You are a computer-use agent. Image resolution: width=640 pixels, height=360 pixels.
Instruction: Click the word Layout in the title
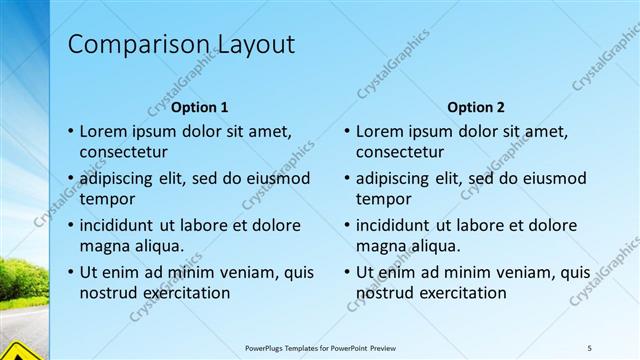[253, 45]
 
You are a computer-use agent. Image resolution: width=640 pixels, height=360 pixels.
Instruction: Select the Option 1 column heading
[200, 107]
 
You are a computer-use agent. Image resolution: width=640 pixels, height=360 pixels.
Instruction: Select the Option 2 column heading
[476, 107]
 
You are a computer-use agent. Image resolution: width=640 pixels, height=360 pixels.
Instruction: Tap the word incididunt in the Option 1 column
[119, 225]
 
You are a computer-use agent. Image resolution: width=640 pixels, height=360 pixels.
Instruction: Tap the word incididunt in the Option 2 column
[395, 225]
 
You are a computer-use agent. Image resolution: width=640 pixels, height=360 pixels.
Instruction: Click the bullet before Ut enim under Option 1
[69, 272]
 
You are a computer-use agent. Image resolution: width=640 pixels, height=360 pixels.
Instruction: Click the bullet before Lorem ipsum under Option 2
[345, 131]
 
